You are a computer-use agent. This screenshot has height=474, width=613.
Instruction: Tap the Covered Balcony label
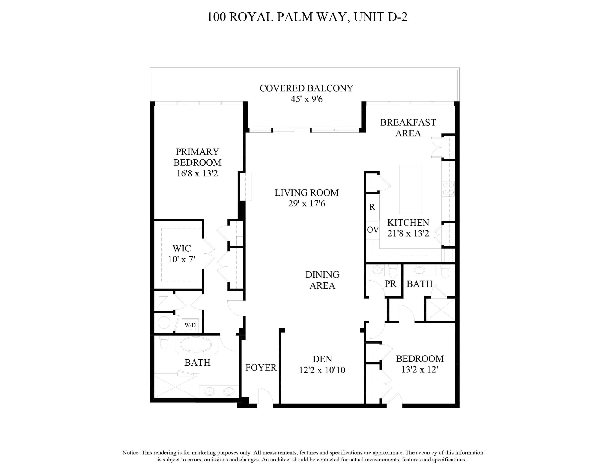coord(306,88)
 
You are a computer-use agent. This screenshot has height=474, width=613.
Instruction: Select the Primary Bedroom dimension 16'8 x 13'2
coord(197,174)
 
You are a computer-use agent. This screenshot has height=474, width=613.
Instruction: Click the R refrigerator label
coord(372,207)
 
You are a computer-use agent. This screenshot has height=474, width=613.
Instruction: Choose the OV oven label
coord(373,230)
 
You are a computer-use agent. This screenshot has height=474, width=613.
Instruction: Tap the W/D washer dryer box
coord(190,325)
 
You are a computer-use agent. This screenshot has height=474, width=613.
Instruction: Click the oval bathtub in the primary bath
coord(196,345)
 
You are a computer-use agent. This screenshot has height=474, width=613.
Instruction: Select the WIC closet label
coord(182,248)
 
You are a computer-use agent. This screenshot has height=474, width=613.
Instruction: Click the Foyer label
coord(261,368)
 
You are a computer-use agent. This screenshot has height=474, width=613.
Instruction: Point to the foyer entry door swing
coord(265,397)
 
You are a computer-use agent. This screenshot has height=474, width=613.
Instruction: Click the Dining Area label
coord(322,280)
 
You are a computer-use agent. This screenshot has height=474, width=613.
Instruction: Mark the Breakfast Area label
coord(408,127)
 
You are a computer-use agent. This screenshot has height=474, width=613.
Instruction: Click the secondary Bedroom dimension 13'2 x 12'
coord(420,370)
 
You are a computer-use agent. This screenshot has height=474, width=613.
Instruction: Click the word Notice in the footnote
coord(131,453)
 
